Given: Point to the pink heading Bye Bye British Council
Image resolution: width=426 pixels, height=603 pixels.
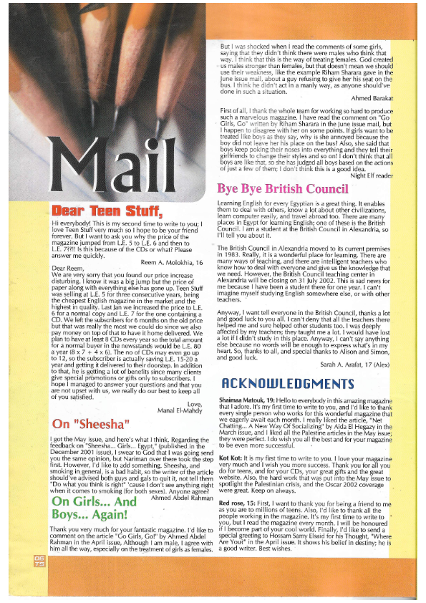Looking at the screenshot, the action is pos(283,189).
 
